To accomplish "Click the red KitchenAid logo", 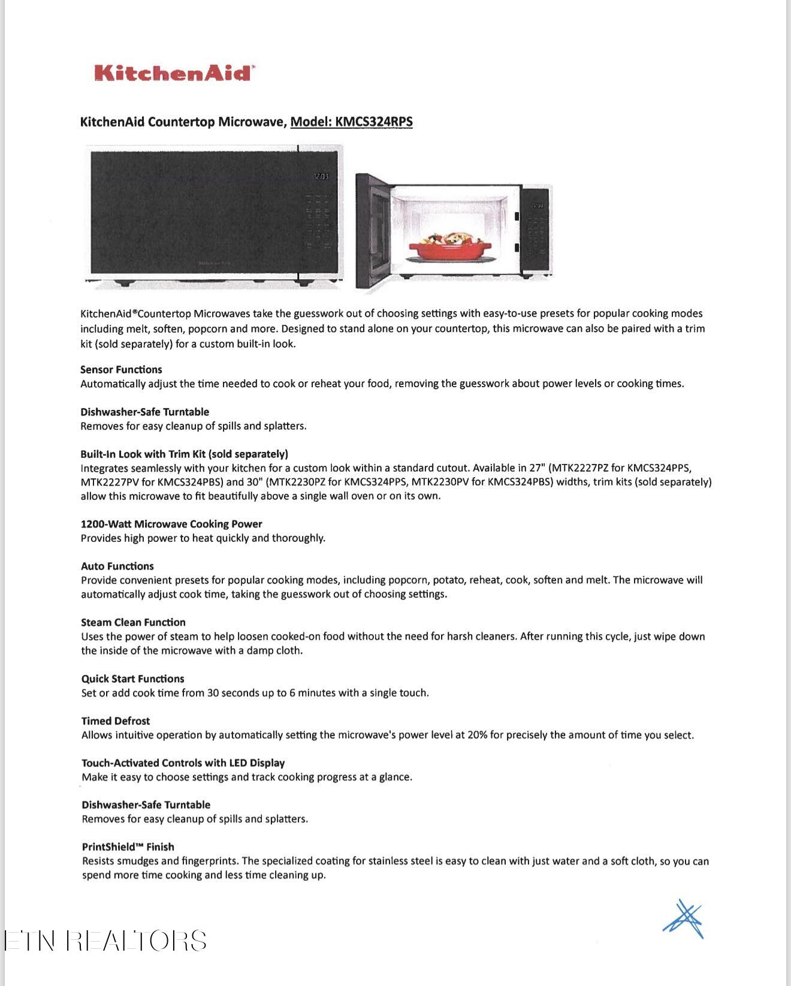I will [x=174, y=73].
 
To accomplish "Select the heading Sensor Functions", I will [x=121, y=369].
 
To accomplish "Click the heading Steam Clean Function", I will [x=133, y=622].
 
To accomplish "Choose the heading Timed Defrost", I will [x=116, y=720].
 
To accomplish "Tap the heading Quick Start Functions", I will [x=132, y=679].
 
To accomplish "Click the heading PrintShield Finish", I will [x=128, y=846].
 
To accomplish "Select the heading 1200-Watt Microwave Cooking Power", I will [x=171, y=524].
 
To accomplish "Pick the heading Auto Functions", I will [x=117, y=566].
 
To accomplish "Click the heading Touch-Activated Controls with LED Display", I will [x=183, y=762].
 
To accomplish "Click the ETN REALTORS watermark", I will [x=106, y=940].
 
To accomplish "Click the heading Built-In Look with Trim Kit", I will [x=184, y=454].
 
